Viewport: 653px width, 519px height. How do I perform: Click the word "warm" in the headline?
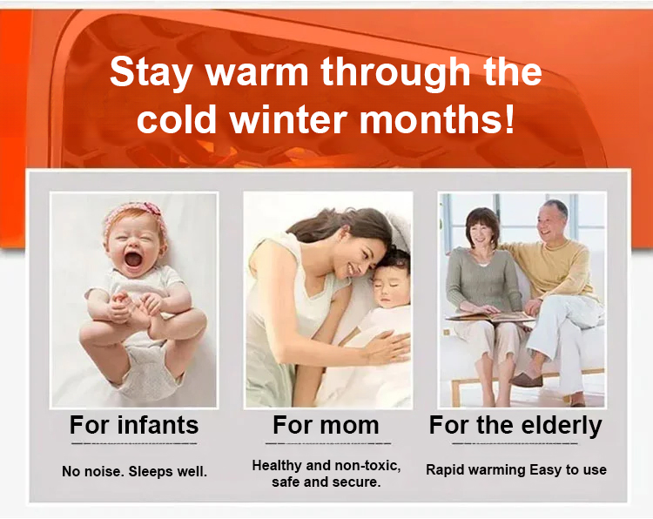click(x=258, y=71)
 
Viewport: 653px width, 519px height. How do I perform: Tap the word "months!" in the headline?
click(x=437, y=119)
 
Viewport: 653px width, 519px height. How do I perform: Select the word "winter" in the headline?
click(x=288, y=119)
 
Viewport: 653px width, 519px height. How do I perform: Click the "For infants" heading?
click(x=134, y=425)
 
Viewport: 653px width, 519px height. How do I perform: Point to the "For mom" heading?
click(x=326, y=425)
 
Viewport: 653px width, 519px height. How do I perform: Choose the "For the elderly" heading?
click(x=515, y=426)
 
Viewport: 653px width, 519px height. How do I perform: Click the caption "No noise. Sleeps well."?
click(x=134, y=471)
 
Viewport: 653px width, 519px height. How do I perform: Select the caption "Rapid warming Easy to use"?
click(x=516, y=470)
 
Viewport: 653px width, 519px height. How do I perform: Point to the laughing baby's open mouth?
click(x=133, y=259)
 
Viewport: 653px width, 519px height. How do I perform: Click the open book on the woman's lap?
click(x=490, y=316)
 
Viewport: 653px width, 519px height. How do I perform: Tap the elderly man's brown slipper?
click(x=527, y=380)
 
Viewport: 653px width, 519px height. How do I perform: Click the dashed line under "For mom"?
click(x=328, y=443)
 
